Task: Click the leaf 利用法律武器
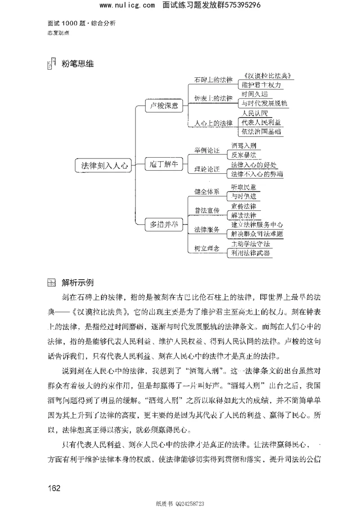(251, 253)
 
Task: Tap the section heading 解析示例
(78, 283)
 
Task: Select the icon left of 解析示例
(52, 283)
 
